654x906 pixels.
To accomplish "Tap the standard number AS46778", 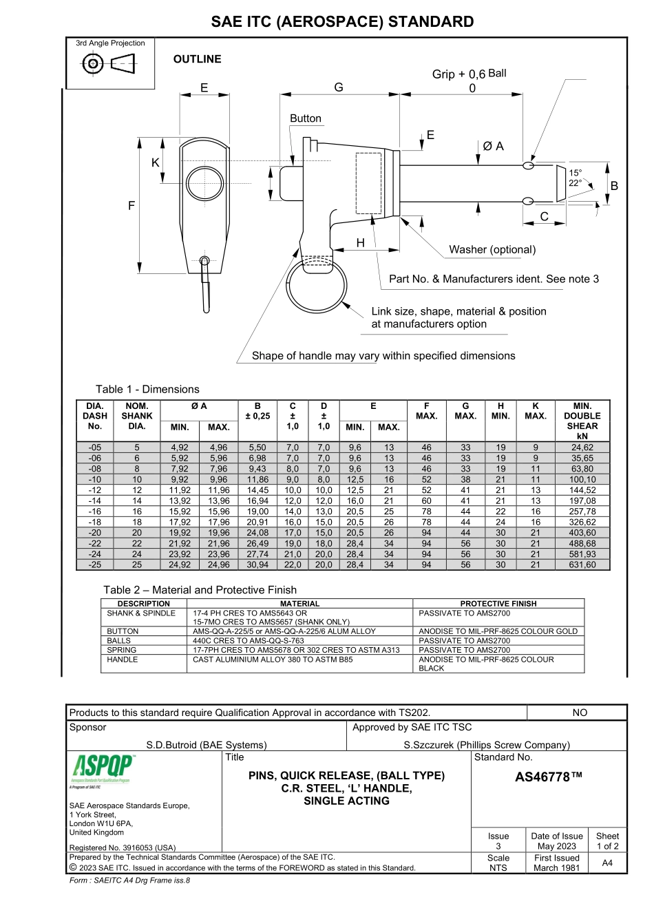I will click(x=548, y=777).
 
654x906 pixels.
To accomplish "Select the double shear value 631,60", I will click(x=582, y=565).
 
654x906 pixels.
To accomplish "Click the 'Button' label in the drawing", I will click(x=306, y=118).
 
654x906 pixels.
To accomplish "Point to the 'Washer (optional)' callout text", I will click(x=492, y=249).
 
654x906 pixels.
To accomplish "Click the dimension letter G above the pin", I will click(x=339, y=87).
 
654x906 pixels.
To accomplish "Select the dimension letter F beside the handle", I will click(x=131, y=205).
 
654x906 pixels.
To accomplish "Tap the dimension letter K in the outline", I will click(x=156, y=163).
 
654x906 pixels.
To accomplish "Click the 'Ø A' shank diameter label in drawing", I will click(x=493, y=146).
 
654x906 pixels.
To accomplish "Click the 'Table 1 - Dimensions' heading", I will click(x=147, y=389).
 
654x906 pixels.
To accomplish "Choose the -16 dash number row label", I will click(x=95, y=512).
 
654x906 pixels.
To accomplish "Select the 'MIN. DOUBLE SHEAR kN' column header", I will click(x=582, y=421).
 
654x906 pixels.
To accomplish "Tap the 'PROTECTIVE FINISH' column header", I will click(x=498, y=603).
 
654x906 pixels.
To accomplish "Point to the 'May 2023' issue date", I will click(x=556, y=846).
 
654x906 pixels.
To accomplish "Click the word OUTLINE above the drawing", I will click(x=198, y=59).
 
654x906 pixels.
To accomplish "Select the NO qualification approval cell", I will click(x=580, y=713).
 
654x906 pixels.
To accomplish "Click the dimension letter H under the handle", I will click(x=360, y=243).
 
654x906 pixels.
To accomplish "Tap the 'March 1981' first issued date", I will click(x=556, y=867).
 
